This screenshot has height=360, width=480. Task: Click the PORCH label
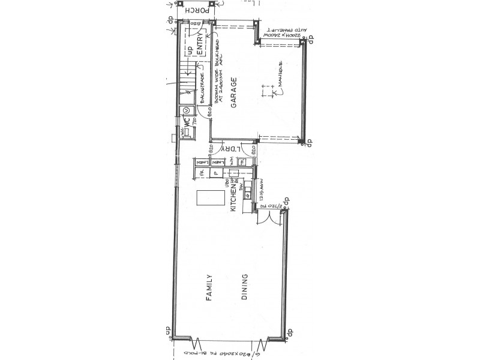[x=199, y=10]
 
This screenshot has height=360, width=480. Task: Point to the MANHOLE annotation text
[x=279, y=78]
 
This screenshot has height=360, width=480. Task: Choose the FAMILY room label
[x=209, y=287]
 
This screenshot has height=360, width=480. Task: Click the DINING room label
[x=245, y=287]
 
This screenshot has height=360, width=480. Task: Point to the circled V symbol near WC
[x=186, y=110]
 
